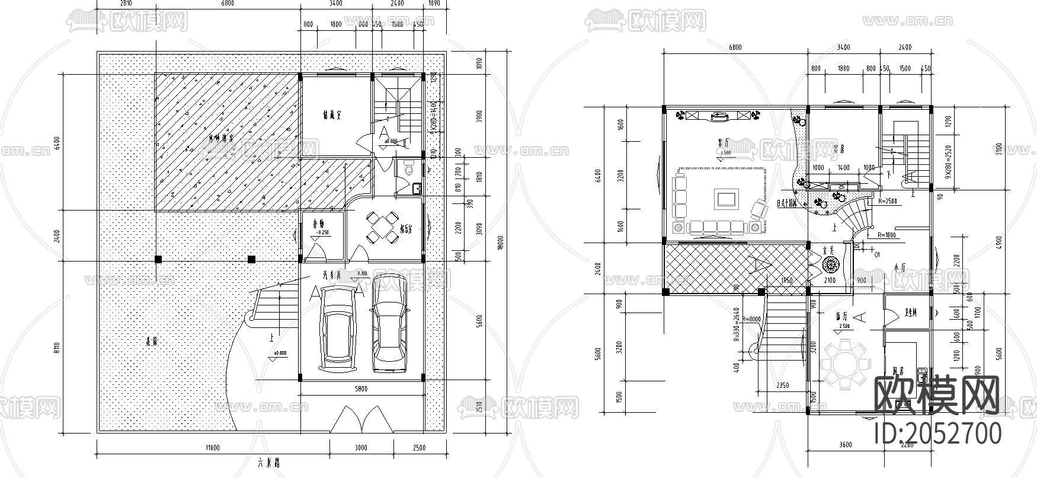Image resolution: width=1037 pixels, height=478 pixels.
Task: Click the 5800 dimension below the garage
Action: coord(361,389)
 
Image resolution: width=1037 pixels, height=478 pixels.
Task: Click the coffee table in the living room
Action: coord(726,198)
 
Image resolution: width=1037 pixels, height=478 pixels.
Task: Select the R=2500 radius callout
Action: coord(887,201)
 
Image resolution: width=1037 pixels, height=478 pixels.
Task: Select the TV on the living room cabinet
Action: coord(719,116)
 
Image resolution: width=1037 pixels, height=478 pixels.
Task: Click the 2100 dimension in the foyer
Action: coord(830,280)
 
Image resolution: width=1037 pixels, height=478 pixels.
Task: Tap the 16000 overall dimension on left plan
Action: coord(499,243)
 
